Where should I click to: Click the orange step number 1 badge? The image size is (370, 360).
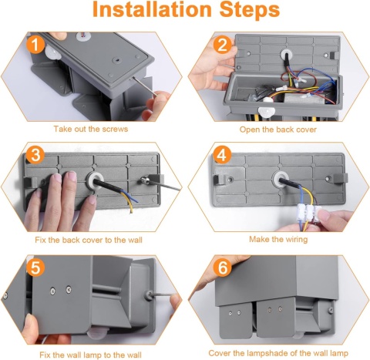[35, 44]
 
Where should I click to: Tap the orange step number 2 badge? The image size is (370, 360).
[223, 44]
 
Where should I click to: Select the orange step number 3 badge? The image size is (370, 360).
[35, 155]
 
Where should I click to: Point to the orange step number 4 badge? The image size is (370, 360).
[222, 155]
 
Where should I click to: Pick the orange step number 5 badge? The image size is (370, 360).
[35, 267]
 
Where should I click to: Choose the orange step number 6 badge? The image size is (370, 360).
[223, 267]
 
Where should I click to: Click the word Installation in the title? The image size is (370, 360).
[152, 9]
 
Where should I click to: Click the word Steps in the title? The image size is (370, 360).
[250, 10]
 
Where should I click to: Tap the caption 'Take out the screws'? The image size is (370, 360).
[91, 129]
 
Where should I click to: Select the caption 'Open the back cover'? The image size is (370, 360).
[278, 130]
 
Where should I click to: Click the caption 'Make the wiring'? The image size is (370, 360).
[278, 240]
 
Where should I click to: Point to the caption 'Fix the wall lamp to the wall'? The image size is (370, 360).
[90, 355]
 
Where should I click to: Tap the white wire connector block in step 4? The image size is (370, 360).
[309, 213]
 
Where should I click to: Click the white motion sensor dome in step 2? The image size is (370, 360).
[267, 111]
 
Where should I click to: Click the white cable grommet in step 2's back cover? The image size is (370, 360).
[286, 55]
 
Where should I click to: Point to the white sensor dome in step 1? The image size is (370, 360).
[53, 53]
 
